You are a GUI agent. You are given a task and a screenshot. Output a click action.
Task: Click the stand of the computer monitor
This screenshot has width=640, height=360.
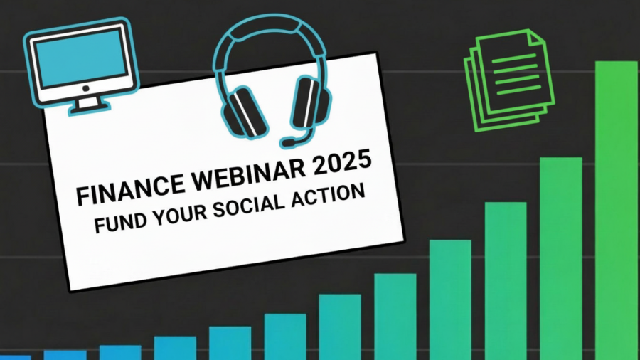[x=88, y=103]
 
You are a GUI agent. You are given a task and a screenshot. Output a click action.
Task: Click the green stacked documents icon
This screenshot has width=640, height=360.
[x=508, y=78]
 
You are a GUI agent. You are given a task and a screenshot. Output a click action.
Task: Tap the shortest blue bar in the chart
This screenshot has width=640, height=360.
[x=14, y=357]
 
